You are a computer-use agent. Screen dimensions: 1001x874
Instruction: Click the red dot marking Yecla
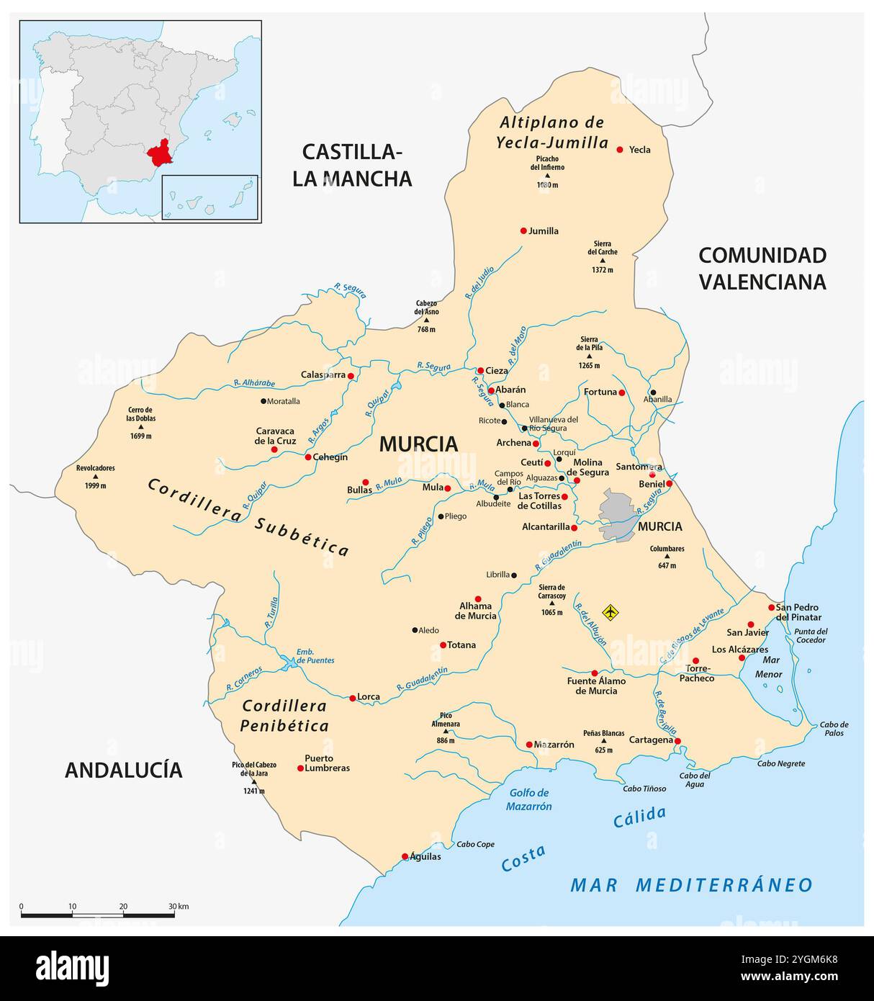point(620,150)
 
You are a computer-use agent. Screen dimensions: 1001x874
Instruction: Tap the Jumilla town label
point(544,231)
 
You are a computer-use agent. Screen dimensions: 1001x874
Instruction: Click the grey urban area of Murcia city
point(618,514)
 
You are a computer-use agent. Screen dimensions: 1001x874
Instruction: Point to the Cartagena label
point(651,740)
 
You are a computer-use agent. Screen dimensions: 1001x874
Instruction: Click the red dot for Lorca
point(352,698)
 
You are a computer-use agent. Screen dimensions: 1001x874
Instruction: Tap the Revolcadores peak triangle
point(96,477)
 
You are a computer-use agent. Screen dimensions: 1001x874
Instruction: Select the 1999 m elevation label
point(96,485)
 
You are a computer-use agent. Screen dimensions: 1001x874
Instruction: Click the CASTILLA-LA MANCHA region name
point(352,165)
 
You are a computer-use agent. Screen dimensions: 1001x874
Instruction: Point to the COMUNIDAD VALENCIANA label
point(762,268)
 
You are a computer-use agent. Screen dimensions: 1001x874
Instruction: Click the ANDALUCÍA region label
point(123,770)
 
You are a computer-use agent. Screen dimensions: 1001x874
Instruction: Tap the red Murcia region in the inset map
point(160,153)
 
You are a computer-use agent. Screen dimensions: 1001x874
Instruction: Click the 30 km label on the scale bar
point(178,906)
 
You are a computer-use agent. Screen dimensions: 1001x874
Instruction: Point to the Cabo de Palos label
point(834,728)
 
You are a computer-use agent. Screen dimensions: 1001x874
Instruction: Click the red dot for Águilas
point(405,856)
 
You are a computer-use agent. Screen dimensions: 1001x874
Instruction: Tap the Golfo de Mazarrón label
point(528,799)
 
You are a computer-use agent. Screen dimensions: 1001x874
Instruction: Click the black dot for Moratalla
point(263,401)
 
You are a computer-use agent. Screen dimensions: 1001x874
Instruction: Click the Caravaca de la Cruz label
point(276,436)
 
